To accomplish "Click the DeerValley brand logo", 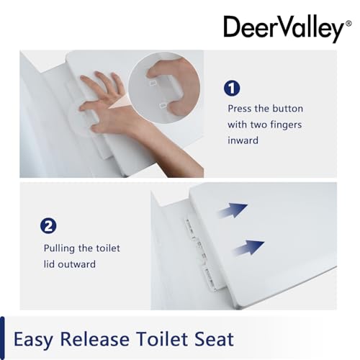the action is click(x=287, y=29).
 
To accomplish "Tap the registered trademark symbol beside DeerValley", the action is click(x=348, y=24).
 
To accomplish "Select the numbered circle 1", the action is click(x=232, y=89).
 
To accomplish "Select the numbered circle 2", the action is click(x=48, y=226).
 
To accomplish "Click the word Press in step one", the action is click(x=240, y=109).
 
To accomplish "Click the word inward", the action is click(x=243, y=140).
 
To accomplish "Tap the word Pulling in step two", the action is click(x=59, y=248).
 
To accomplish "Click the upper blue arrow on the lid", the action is click(x=233, y=210).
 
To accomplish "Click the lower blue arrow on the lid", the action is click(x=249, y=248).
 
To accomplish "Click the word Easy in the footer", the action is click(x=33, y=340).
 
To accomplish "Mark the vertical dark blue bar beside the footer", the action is click(x=2, y=338).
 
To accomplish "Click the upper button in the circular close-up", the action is click(x=153, y=83).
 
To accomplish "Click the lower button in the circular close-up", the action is click(x=163, y=105).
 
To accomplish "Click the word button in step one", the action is click(x=287, y=109).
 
